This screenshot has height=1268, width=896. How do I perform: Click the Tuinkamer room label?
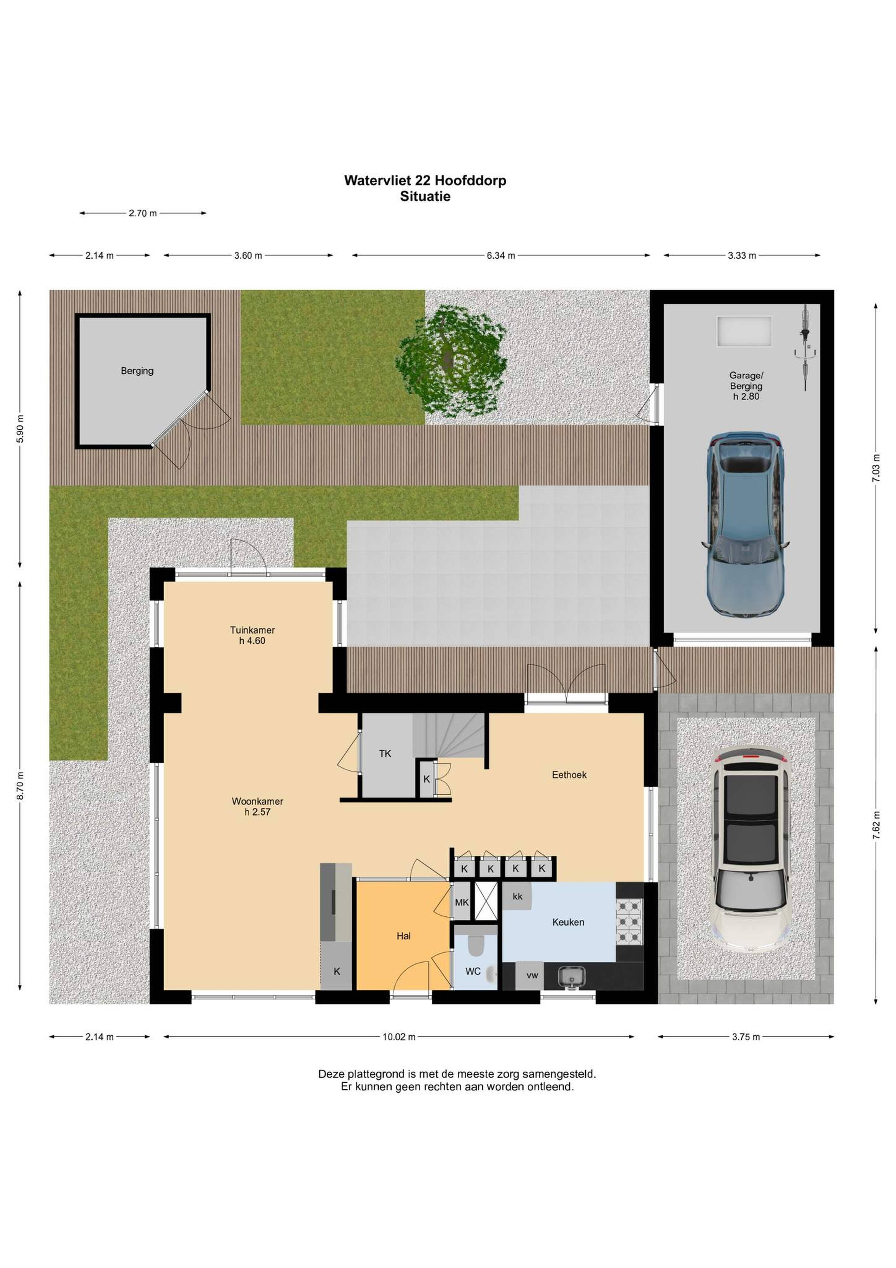pyautogui.click(x=252, y=630)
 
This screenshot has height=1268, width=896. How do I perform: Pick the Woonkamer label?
pyautogui.click(x=257, y=801)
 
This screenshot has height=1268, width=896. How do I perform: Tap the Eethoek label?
pyautogui.click(x=569, y=775)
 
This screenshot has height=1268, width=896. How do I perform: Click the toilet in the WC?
pyautogui.click(x=475, y=945)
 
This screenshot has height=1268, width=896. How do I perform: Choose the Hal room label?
pyautogui.click(x=404, y=936)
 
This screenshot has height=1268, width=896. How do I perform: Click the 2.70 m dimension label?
pyautogui.click(x=143, y=213)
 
